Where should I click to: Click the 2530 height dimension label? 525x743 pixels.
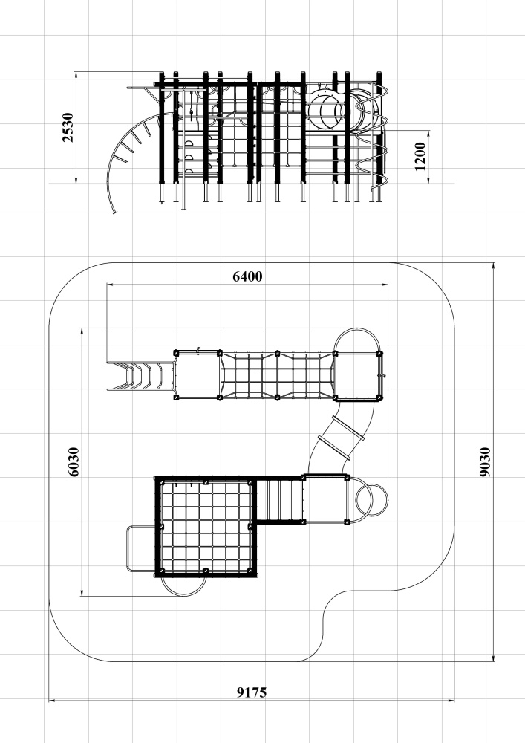pos(68,127)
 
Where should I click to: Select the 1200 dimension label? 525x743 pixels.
pos(420,157)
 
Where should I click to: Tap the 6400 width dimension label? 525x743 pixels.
pos(247,276)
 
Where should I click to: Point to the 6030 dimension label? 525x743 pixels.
pos(74,461)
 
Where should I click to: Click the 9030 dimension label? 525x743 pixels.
pos(485,461)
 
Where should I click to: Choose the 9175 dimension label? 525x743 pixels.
pos(252,692)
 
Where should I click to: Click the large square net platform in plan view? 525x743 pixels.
pos(206,527)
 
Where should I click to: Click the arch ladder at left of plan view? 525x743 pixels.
pos(140,376)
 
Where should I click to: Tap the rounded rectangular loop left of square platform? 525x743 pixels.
pos(128,548)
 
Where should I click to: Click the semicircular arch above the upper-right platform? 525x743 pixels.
pos(357,329)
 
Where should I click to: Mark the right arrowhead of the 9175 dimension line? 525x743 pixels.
pos(451,700)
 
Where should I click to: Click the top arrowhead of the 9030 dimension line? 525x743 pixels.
pos(494,266)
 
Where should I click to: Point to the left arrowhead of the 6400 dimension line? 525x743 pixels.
pos(111,285)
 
